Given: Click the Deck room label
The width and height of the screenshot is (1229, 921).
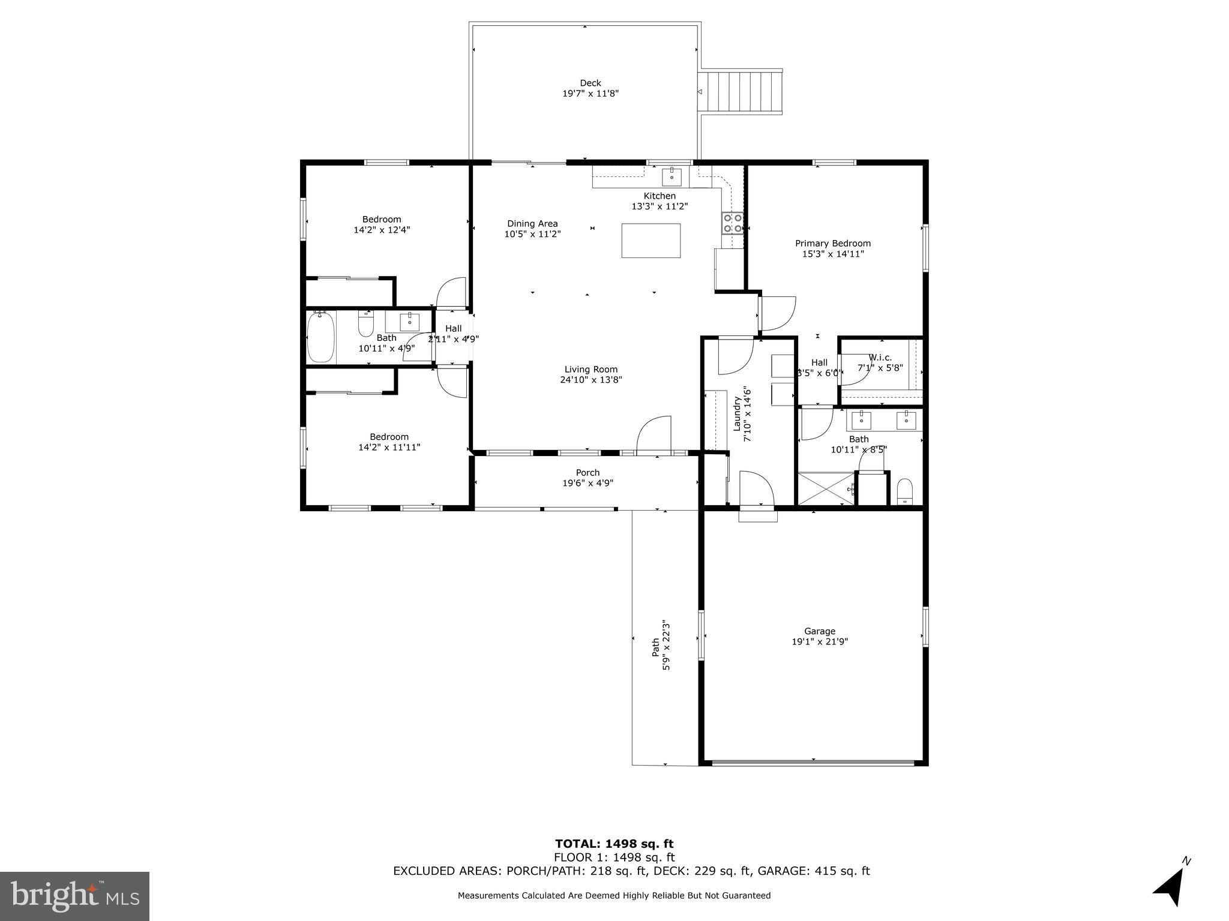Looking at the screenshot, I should coord(590,83).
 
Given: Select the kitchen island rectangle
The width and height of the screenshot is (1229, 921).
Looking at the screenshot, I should coord(651,241).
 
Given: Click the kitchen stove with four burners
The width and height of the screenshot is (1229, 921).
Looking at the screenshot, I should coord(732,223).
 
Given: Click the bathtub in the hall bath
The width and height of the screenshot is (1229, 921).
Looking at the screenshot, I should coord(320,338).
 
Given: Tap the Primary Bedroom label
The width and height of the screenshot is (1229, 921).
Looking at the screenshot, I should coord(832,244).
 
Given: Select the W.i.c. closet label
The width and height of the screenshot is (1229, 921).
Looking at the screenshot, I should coord(880,358).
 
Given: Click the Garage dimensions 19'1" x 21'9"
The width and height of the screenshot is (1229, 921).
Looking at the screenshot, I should coord(819,641).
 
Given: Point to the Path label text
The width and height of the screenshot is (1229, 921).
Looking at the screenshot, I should coord(656,647).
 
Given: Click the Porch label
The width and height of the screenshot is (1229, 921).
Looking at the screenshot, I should coord(587,473).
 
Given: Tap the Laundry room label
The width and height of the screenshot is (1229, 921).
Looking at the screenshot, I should coord(737,413).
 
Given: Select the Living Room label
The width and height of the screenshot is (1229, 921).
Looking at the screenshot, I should coord(590,370).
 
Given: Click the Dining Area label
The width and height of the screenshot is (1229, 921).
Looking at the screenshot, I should coord(532,224).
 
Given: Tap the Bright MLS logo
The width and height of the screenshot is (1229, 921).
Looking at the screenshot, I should coord(74,896).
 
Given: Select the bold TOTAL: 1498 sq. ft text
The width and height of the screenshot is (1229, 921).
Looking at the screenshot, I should coord(614,844).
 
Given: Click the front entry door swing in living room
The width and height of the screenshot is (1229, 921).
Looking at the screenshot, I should coord(654,434).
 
